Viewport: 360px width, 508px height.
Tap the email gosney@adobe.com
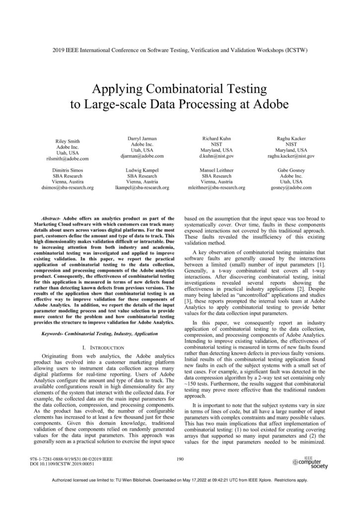pos(291,189)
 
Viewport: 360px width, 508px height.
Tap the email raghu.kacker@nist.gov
pos(291,156)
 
